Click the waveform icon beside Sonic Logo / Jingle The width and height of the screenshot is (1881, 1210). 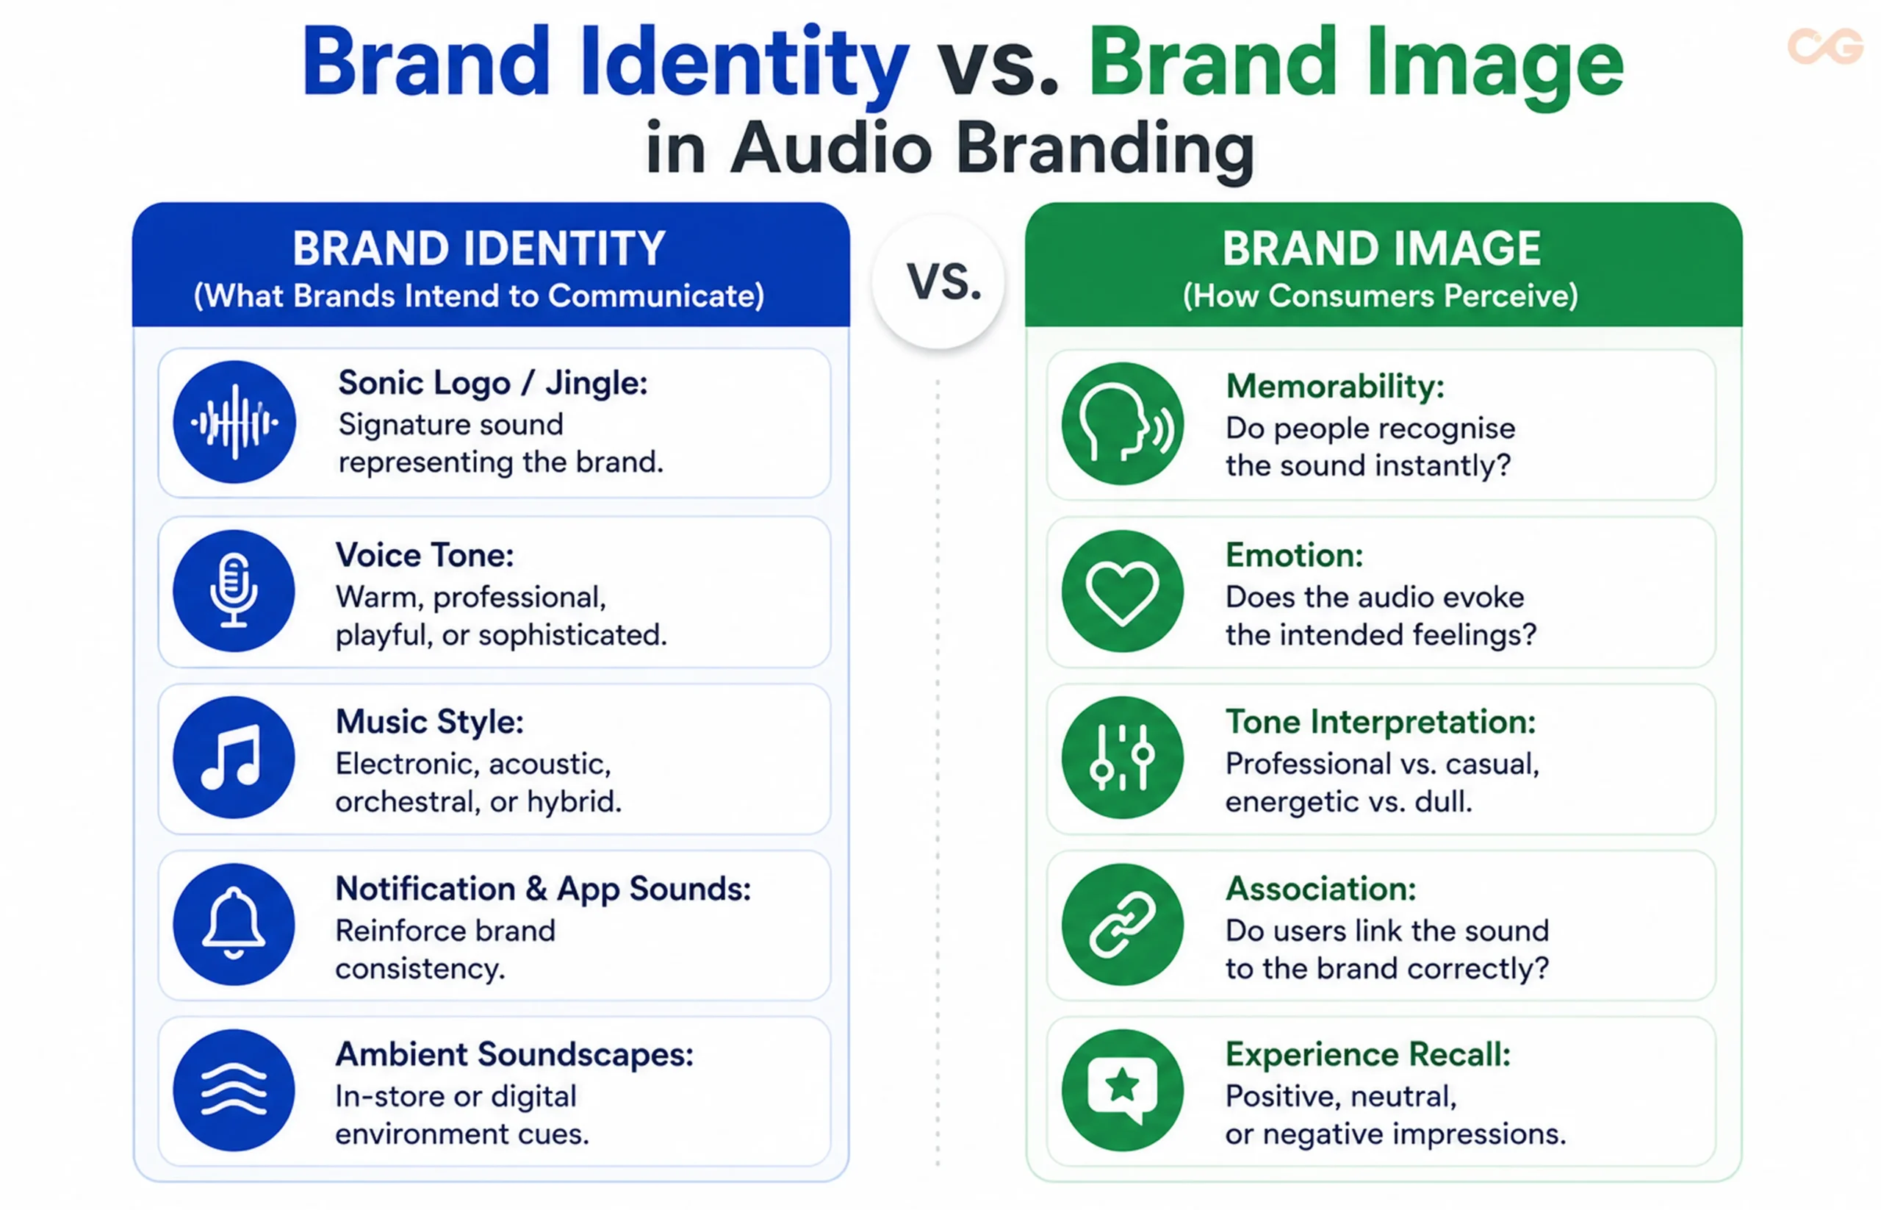pyautogui.click(x=234, y=422)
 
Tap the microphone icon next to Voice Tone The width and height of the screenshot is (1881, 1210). pyautogui.click(x=234, y=591)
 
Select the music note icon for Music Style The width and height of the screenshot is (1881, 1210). pyautogui.click(x=234, y=757)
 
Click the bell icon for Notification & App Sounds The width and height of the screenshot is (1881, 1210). pyautogui.click(x=234, y=924)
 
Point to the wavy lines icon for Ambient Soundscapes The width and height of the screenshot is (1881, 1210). pyautogui.click(x=234, y=1091)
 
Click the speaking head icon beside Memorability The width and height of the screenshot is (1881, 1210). pyautogui.click(x=1122, y=423)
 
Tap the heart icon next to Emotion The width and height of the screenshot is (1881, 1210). pyautogui.click(x=1122, y=591)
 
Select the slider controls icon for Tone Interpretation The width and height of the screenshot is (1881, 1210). pyautogui.click(x=1122, y=757)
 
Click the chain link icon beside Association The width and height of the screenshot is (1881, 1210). pyautogui.click(x=1122, y=924)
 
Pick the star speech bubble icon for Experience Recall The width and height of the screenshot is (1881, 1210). pyautogui.click(x=1122, y=1091)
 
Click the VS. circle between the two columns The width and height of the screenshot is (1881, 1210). pyautogui.click(x=938, y=282)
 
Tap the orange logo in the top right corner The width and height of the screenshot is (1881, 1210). pyautogui.click(x=1825, y=46)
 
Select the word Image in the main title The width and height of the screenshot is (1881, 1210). pyautogui.click(x=1495, y=67)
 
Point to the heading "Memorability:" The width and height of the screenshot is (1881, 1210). pyautogui.click(x=1335, y=387)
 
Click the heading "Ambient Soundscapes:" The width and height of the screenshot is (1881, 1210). pyautogui.click(x=514, y=1054)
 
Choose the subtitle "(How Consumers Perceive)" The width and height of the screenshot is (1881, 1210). pyautogui.click(x=1381, y=296)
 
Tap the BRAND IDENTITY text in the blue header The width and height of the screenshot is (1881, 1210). pyautogui.click(x=479, y=248)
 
